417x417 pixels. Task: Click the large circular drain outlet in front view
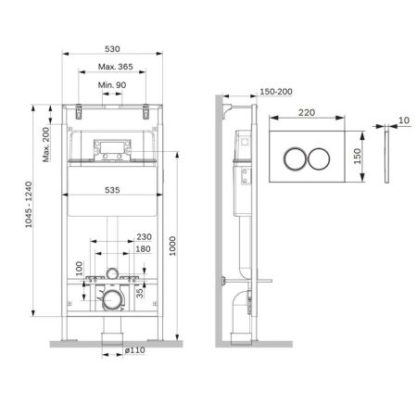[x=112, y=298]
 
